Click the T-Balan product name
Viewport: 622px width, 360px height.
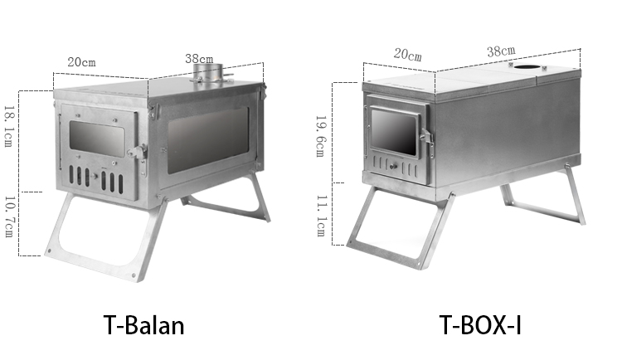144,325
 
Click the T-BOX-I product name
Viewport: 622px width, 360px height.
480,325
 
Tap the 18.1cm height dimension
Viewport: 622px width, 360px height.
9,126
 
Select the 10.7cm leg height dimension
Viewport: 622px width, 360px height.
9,216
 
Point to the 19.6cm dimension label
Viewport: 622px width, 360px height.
320,136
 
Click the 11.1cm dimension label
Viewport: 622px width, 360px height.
321,216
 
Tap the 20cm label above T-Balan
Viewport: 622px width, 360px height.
81,62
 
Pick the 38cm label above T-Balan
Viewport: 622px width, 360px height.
199,59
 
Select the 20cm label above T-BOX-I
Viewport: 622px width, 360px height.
408,55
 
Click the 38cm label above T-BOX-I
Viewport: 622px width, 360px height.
502,51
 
